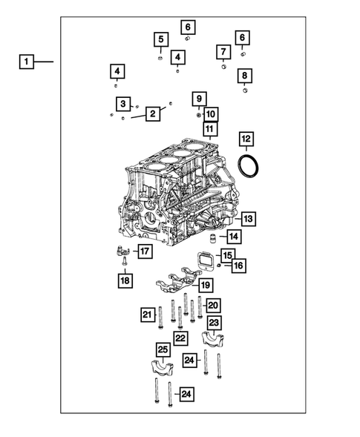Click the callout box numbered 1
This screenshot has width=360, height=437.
click(x=26, y=62)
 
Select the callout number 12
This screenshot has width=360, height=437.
click(x=246, y=139)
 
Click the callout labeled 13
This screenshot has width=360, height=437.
click(x=248, y=219)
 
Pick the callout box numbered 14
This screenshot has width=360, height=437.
click(x=234, y=237)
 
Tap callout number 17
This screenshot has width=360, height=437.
click(x=144, y=252)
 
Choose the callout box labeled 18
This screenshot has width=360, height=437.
click(x=125, y=280)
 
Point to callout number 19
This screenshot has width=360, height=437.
click(x=205, y=285)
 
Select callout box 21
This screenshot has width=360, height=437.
click(x=148, y=315)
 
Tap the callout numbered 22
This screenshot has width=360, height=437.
click(x=180, y=338)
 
